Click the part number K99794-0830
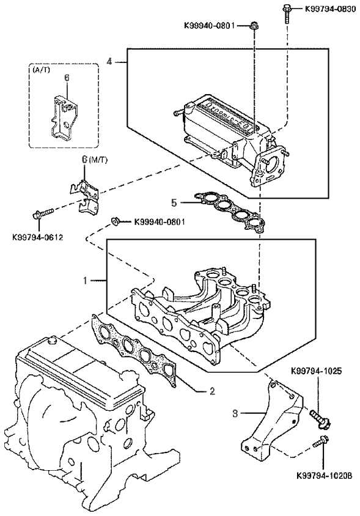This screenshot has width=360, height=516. (x=330, y=9)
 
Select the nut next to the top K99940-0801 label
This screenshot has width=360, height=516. (x=254, y=25)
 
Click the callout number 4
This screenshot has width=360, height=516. (x=109, y=62)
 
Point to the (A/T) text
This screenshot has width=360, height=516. (x=42, y=70)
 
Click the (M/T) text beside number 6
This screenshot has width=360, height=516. (x=99, y=160)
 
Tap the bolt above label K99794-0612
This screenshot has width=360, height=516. (x=43, y=213)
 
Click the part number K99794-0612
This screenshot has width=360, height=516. (x=37, y=237)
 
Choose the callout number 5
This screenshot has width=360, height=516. (x=174, y=203)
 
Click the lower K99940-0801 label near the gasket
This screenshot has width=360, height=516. (x=160, y=222)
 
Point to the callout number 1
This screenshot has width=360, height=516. (x=85, y=281)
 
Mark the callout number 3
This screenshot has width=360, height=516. (x=235, y=413)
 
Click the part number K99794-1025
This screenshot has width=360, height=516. (x=317, y=371)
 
